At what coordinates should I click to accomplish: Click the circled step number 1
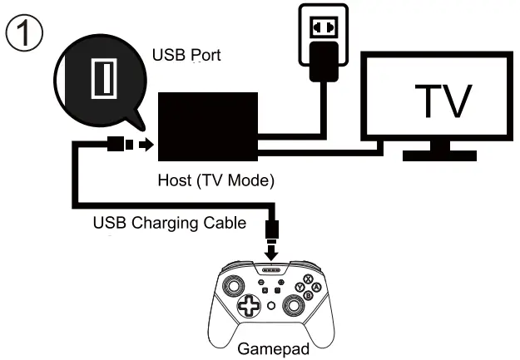coord(23,34)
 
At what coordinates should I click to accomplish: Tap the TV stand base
coord(438,155)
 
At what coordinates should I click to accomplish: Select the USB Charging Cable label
coord(169,223)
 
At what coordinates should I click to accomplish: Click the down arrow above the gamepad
coord(272,249)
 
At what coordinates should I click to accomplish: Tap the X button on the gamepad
coord(308,279)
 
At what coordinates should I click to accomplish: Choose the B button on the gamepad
coord(308,295)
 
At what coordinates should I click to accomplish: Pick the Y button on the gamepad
coord(300,288)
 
